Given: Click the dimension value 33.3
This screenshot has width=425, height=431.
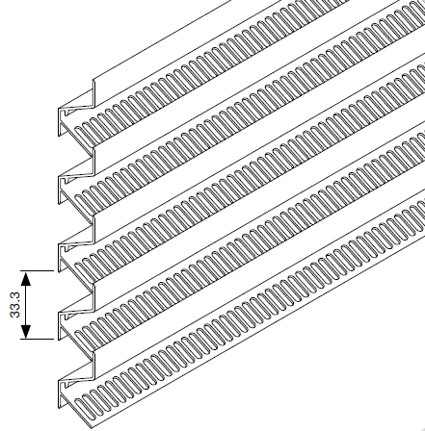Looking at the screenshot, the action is (x=15, y=305).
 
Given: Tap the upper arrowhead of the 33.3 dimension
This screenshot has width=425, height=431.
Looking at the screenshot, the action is (x=26, y=278).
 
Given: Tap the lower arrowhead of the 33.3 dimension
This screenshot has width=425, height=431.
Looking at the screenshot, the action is (x=26, y=332).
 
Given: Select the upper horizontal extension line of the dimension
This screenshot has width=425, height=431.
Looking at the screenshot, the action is (x=37, y=271).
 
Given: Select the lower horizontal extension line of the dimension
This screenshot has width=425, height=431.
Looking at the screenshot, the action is (x=37, y=339).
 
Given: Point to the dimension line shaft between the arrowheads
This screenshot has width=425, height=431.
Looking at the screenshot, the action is (x=26, y=305).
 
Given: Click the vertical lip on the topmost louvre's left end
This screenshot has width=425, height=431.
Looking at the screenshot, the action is (x=93, y=93).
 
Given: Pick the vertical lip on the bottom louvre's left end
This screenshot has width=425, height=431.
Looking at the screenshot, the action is (x=93, y=366).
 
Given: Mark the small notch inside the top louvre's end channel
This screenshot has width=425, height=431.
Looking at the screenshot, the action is (x=66, y=113).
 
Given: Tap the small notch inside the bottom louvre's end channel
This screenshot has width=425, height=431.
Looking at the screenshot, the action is (x=66, y=385).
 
